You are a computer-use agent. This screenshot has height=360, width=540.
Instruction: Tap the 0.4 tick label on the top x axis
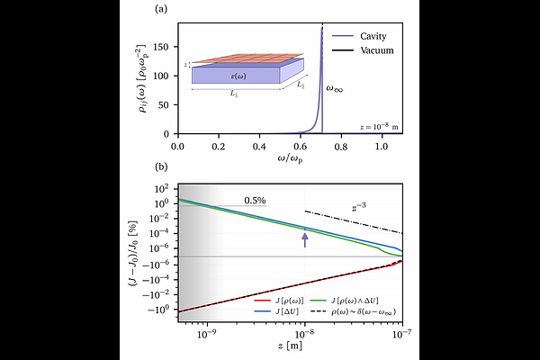point(260,145)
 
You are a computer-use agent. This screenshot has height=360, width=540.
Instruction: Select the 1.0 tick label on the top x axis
point(382,145)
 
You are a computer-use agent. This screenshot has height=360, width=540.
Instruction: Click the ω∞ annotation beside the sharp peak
point(334,89)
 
